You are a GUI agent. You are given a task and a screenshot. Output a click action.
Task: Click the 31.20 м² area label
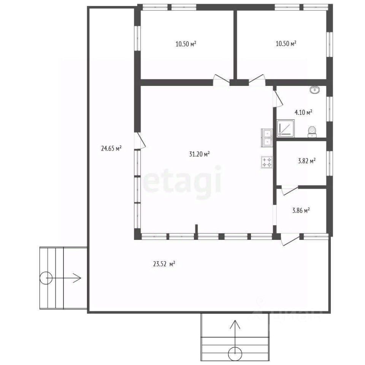pos(200,154)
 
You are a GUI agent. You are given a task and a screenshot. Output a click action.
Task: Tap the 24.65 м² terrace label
pos(111,149)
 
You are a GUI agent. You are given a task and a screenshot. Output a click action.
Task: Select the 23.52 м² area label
pos(164,264)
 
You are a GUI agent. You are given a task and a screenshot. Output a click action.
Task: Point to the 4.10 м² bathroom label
pos(303,113)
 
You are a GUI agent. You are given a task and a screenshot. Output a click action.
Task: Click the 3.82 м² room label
pos(307,161)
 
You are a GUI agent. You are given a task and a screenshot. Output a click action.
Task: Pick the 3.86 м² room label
pos(301,211)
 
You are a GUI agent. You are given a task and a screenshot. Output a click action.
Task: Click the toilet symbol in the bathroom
pos(312,132)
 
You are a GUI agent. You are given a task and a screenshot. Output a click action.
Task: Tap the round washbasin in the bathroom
pos(315,90)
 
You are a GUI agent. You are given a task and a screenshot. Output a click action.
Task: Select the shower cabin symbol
pos(286,128)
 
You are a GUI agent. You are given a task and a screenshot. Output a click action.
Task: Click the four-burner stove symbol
pos(267,162)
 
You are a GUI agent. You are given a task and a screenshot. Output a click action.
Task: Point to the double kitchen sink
pos(267,138)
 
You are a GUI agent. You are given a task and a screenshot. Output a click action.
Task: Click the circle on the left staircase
pos(46,278)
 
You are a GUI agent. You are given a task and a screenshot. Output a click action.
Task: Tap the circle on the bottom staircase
pos(235,354)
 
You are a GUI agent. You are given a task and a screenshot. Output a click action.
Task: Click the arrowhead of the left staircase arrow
pos(78,278)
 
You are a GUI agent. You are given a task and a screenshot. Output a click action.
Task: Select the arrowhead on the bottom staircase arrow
pos(235,324)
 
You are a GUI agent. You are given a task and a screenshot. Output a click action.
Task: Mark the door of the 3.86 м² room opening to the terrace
pos(290,240)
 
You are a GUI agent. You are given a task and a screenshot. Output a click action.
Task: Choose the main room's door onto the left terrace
pos(140,141)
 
